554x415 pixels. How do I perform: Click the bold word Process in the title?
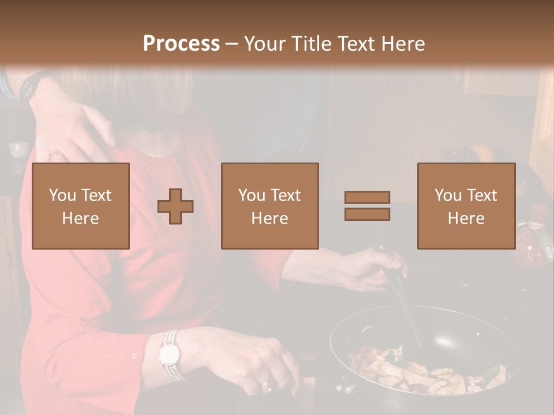click(x=181, y=44)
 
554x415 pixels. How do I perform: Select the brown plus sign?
click(x=175, y=206)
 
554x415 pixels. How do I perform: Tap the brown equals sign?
click(x=367, y=206)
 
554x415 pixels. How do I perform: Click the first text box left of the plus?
click(x=81, y=206)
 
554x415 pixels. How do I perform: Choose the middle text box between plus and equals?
click(x=269, y=206)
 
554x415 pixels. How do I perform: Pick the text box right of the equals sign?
click(x=466, y=206)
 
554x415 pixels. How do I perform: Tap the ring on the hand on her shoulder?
click(x=54, y=154)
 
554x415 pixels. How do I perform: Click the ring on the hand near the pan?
click(x=266, y=386)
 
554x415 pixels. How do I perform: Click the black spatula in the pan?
click(x=407, y=305)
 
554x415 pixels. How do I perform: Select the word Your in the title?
click(x=265, y=44)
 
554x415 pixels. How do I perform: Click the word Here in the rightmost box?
click(x=466, y=218)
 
